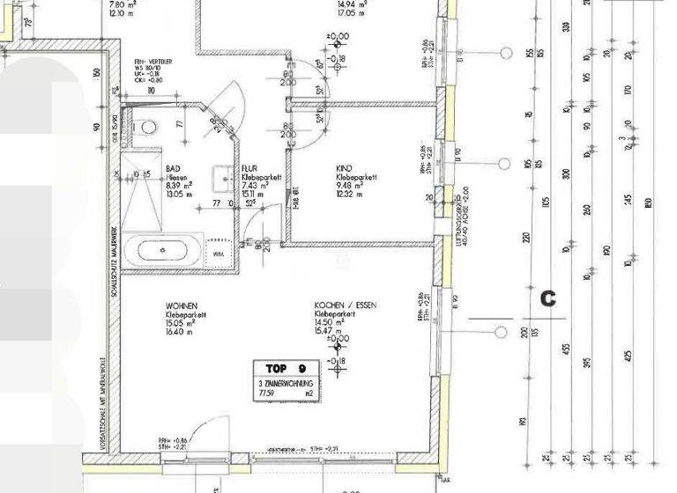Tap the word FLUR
pos(250,166)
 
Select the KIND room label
pos(345,166)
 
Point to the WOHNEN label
pos(181,305)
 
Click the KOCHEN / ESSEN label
pos(346,305)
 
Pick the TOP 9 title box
pos(284,368)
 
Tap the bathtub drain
pos(165,251)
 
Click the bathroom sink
pos(221,173)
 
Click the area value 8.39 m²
pos(180,186)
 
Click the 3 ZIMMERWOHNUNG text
pos(284,385)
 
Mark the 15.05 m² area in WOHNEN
pos(181,322)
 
